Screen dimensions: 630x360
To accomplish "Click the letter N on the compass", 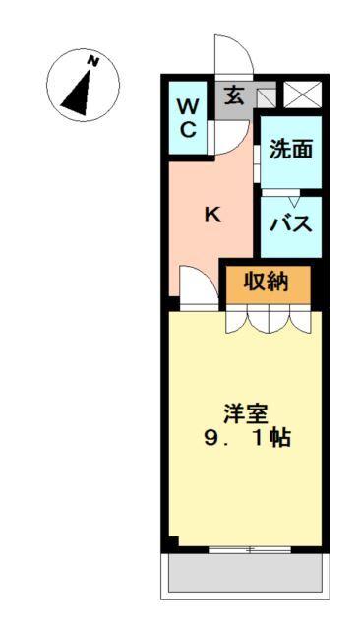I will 93,61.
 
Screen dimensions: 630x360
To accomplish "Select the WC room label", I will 189,117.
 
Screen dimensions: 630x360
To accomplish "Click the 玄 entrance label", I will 234,96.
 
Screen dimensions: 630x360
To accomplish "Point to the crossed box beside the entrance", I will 297,95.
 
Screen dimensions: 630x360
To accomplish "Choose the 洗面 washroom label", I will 291,150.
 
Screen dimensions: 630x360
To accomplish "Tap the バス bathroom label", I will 291,224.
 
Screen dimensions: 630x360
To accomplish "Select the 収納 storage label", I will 266,282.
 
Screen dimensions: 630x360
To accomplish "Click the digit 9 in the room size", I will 211,438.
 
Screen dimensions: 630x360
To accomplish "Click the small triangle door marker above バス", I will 291,200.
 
